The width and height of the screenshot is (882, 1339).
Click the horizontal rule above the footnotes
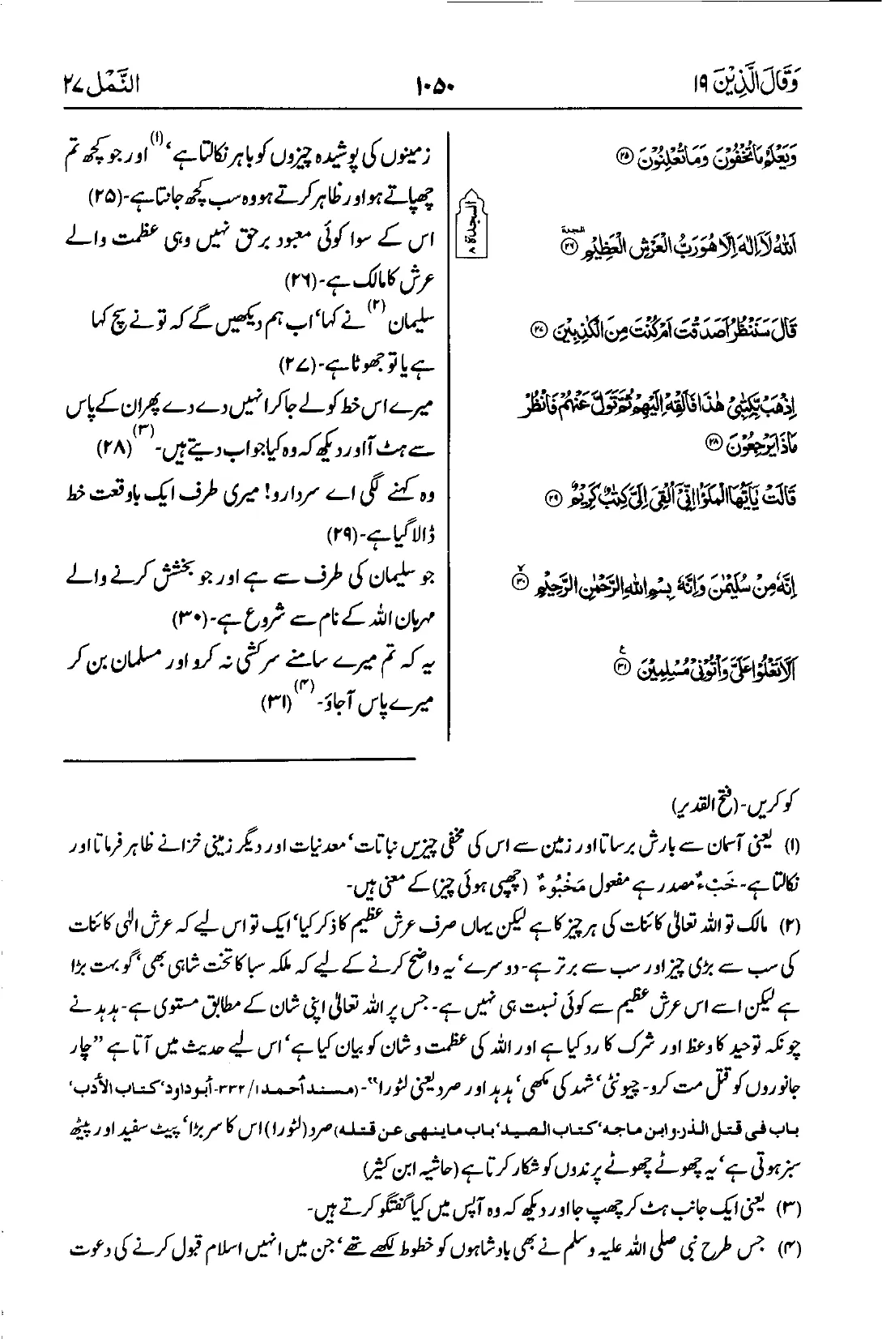coord(241,759)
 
